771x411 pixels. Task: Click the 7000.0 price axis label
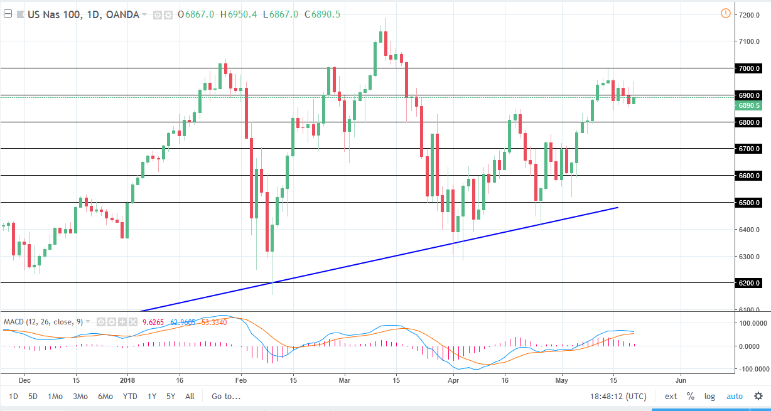pos(750,68)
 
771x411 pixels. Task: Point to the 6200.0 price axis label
pos(750,283)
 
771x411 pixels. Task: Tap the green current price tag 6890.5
pos(750,105)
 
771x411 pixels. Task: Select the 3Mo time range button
pos(80,396)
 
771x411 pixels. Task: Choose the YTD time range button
pos(130,396)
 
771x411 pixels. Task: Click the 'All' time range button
pos(190,396)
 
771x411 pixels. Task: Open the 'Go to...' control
pos(225,396)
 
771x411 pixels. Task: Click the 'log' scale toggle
pos(709,396)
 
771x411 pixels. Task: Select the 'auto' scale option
pos(735,396)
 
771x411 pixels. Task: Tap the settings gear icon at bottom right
pos(758,396)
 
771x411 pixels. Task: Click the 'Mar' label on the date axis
pos(343,380)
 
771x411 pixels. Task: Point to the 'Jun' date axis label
pos(679,380)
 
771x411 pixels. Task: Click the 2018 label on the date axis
pos(127,380)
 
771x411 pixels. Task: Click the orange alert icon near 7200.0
pos(725,13)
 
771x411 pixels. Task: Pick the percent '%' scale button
pos(690,396)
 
